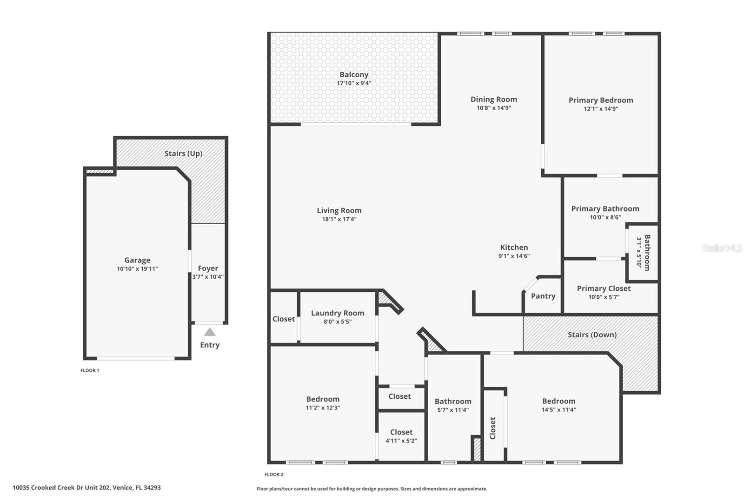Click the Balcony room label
(354, 74)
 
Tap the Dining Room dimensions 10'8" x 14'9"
(493, 107)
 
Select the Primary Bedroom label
(601, 100)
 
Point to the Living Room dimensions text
(339, 219)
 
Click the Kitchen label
(514, 248)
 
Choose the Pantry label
(543, 296)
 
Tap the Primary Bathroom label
(605, 209)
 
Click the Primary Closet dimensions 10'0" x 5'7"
(604, 297)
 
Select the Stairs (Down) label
(592, 335)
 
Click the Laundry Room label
(338, 313)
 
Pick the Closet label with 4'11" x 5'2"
(401, 432)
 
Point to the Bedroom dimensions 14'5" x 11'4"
(558, 410)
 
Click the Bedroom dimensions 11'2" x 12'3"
(323, 408)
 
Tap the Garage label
(137, 260)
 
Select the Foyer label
(208, 268)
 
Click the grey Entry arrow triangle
(210, 332)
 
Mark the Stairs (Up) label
(183, 153)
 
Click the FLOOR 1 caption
(90, 370)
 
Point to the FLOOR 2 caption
(274, 475)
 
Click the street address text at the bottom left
(86, 488)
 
